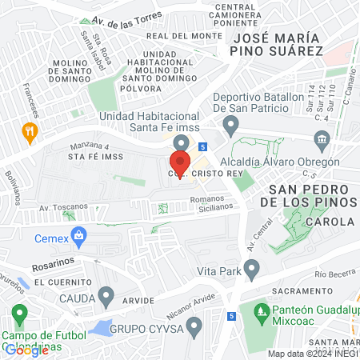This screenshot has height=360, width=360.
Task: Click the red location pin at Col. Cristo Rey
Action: coord(180,154)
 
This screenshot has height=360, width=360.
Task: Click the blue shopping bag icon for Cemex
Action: coord(78,235)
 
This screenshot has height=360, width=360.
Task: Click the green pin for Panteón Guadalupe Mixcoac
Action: coord(258,310)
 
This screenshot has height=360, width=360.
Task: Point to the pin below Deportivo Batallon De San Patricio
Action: coord(231,125)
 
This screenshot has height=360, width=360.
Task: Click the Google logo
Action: coord(27,349)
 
